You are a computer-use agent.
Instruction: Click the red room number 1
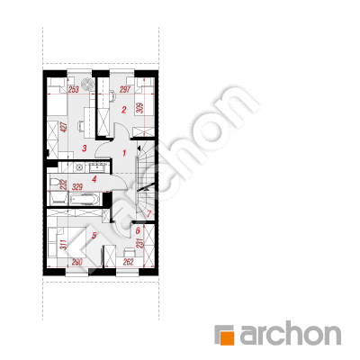pos(124,153)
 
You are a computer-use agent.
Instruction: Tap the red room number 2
pos(124,110)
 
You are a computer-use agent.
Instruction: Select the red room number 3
pos(85,148)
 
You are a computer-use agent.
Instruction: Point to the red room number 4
pos(94,180)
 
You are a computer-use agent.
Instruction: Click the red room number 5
pos(94,236)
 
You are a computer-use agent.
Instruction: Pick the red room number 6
pos(138,230)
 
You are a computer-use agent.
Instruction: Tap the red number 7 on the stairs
pos(149,214)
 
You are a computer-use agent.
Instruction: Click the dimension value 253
pos(74,89)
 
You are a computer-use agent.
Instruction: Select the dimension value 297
pos(125,89)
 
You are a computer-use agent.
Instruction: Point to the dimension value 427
pos(63,127)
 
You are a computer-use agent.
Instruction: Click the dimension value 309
pos(139,108)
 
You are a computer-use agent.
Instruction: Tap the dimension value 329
pos(77,187)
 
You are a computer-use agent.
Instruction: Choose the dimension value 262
pos(128,262)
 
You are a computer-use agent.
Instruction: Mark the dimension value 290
pos(77,262)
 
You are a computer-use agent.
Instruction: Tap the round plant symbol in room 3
pos(88,84)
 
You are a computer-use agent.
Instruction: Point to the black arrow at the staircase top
pos(139,148)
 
